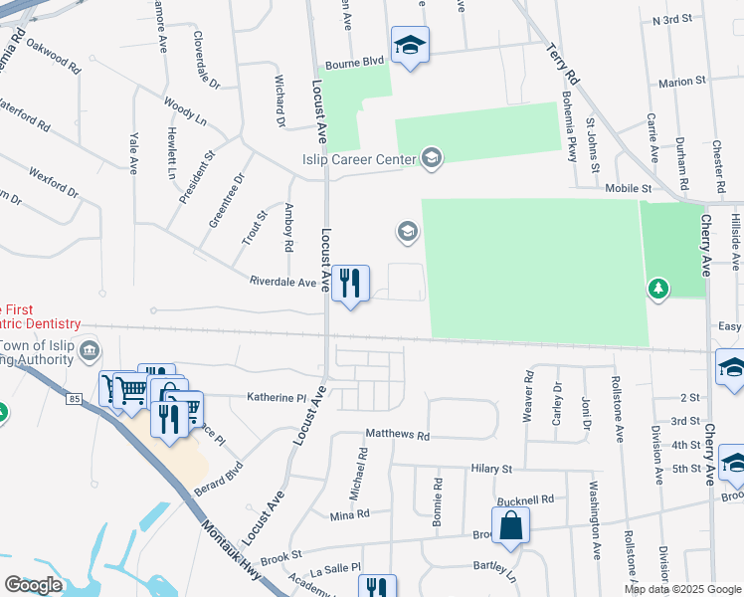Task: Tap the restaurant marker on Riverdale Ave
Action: [349, 284]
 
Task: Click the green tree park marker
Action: [656, 289]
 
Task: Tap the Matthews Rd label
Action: [397, 435]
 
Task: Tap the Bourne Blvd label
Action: [353, 62]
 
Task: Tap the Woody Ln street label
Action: [185, 108]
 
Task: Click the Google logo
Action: [33, 585]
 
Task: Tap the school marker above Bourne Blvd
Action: [409, 44]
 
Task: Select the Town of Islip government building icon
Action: [90, 349]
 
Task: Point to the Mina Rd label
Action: [349, 514]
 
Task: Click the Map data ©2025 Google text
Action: [681, 589]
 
